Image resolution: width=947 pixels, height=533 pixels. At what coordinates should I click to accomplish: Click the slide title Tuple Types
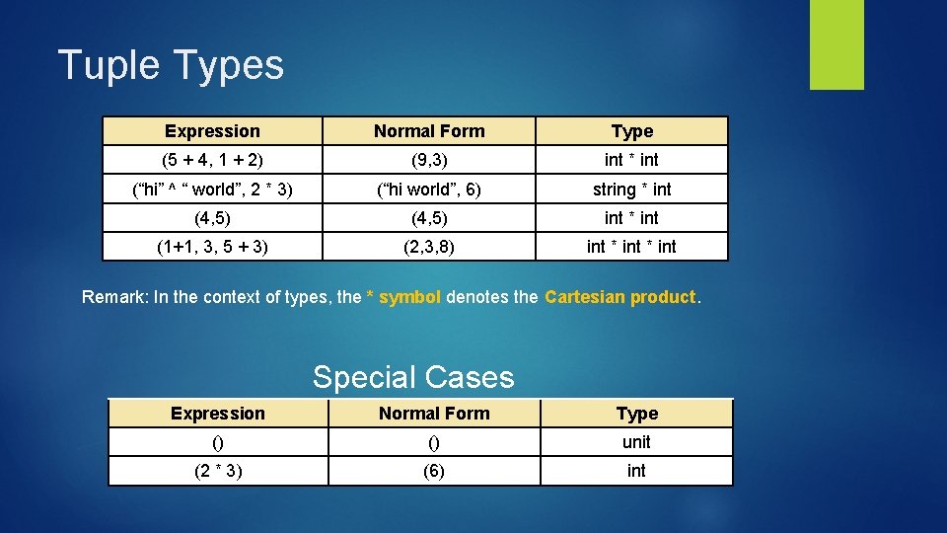point(171,65)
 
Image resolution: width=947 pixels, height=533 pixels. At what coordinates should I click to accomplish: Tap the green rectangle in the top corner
point(837,44)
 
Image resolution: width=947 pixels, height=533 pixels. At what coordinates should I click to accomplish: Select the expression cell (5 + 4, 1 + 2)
point(212,160)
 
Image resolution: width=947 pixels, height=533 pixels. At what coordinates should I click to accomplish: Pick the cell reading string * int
point(631,189)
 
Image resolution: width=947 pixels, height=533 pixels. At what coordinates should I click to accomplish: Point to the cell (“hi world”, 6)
point(428,189)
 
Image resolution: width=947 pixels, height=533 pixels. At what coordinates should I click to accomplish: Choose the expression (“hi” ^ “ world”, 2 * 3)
point(212,189)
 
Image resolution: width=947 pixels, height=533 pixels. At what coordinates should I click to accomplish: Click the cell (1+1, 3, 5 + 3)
point(212,247)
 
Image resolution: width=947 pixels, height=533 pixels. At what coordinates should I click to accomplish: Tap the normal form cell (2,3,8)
point(428,247)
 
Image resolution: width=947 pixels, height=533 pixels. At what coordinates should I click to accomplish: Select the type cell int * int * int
point(631,247)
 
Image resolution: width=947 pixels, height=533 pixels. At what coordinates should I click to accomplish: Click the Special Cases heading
point(413,377)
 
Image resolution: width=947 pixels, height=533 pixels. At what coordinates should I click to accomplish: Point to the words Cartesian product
point(620,297)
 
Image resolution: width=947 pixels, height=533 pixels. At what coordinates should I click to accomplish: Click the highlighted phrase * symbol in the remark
point(403,297)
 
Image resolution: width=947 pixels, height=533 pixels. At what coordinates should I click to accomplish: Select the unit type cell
point(636,442)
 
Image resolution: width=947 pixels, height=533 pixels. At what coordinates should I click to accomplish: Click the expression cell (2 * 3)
point(217,471)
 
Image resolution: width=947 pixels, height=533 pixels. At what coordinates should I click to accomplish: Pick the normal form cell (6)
point(434,471)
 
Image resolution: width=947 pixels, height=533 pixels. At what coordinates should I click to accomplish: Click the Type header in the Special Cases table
point(636,414)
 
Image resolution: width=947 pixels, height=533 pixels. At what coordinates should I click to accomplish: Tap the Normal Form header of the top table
point(428,131)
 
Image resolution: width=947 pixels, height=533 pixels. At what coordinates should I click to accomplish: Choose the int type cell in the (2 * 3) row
point(636,471)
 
